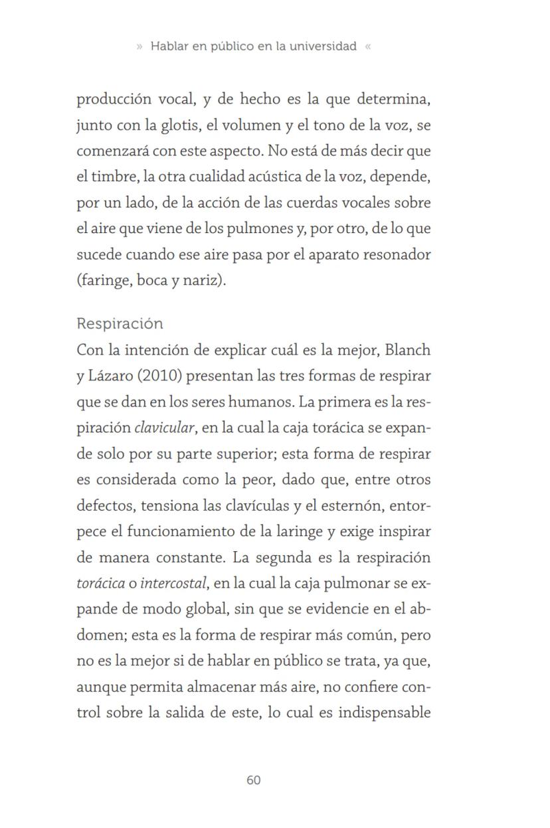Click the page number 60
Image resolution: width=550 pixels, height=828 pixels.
[253, 780]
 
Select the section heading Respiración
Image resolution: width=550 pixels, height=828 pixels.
[120, 324]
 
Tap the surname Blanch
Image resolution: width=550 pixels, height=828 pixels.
[408, 350]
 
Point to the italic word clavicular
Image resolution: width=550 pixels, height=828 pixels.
[165, 428]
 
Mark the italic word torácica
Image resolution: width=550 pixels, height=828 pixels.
[100, 584]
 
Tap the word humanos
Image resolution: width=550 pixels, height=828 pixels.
[260, 402]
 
